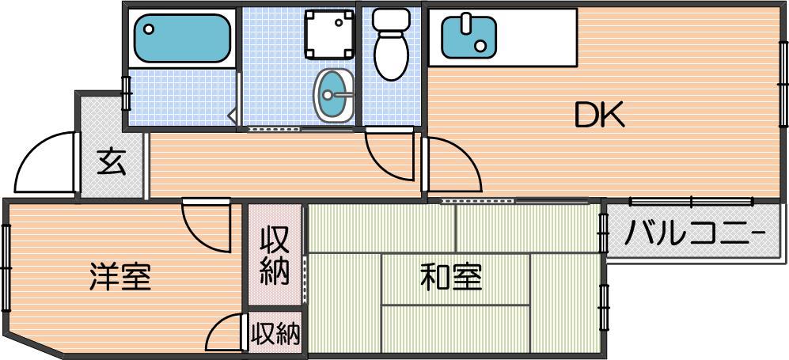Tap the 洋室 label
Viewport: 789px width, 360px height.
[x=120, y=276]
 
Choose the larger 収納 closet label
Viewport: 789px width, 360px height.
[x=275, y=256]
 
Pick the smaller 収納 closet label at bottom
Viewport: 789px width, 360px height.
[x=275, y=332]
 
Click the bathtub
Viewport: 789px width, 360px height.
[x=182, y=38]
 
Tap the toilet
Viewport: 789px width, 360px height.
[x=392, y=44]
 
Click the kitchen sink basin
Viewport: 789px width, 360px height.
[x=468, y=37]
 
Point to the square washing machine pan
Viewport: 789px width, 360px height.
[x=329, y=34]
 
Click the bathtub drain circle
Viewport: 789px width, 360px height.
[x=149, y=29]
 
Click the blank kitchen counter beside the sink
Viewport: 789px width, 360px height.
[x=537, y=37]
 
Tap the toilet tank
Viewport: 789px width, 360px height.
[x=392, y=19]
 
